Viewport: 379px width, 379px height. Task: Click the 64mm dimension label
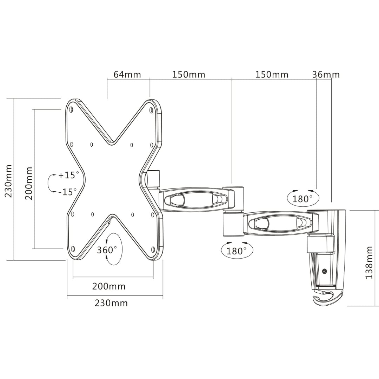127,75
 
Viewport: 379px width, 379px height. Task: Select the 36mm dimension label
326,75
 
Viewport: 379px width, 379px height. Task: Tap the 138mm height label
369,262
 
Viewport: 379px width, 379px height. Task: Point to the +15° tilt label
68,175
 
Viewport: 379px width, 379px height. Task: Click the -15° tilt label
67,192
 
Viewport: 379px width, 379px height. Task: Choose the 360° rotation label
107,250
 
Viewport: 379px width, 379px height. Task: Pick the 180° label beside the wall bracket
302,199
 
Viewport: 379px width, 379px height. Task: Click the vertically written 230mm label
8,181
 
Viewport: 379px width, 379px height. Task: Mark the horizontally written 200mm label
109,286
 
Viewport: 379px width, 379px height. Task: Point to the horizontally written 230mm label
111,303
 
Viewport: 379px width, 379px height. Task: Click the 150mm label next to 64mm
188,75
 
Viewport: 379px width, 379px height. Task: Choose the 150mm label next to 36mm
272,75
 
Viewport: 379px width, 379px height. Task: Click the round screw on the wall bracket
324,271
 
